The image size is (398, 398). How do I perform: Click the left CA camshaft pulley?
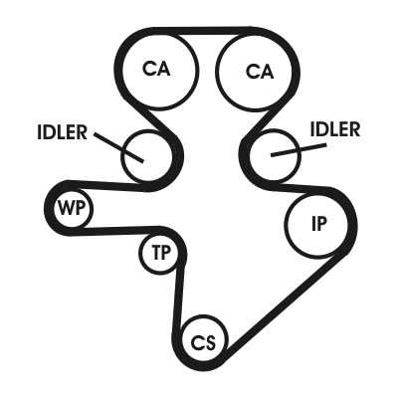[x=160, y=71]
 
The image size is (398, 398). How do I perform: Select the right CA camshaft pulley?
[x=255, y=71]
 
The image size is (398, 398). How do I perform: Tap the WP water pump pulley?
[x=74, y=208]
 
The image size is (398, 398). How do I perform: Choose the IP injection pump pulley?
[x=317, y=225]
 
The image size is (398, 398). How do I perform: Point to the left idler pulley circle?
[x=146, y=156]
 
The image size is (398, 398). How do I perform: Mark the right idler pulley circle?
[x=275, y=156]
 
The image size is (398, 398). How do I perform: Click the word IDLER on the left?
[x=62, y=132]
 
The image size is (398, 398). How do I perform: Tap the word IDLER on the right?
[x=335, y=129]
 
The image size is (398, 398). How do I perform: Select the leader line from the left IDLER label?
[x=118, y=147]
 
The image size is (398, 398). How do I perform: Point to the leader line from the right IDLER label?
[x=298, y=150]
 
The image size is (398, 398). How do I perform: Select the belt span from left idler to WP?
[x=106, y=185]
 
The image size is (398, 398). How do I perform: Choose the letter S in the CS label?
[x=210, y=342]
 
